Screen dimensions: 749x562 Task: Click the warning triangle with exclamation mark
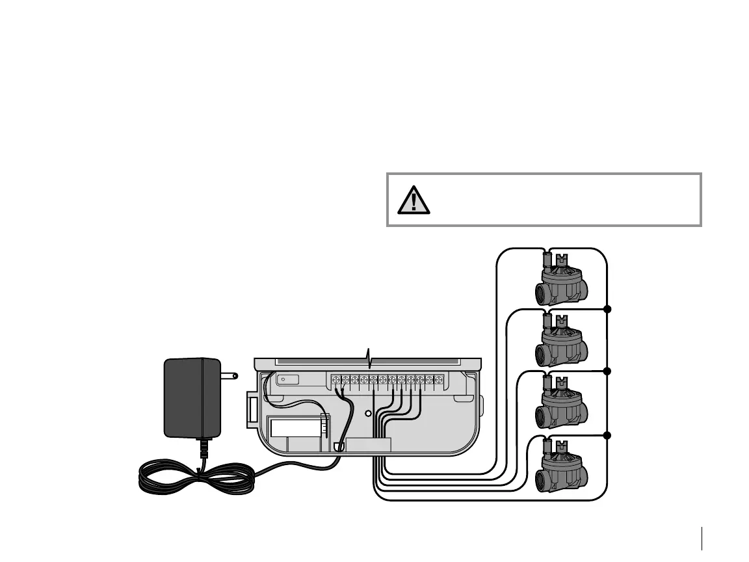410,200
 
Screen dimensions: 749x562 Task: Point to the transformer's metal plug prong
229,375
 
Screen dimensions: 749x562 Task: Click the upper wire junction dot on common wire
607,308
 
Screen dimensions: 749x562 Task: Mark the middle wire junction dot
607,371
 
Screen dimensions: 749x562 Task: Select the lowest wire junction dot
607,435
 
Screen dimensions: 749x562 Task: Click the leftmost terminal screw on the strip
336,379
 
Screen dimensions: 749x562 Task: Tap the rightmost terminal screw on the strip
440,379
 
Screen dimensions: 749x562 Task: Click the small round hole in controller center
367,414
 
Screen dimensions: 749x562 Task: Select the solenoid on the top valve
547,261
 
